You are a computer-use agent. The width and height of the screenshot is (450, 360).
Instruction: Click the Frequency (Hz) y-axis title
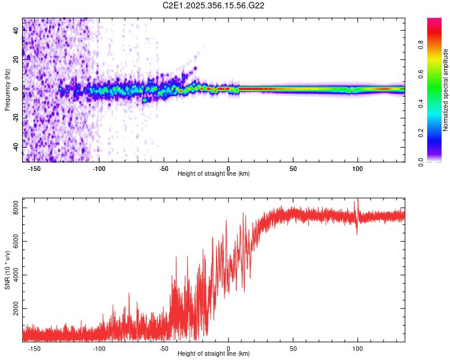click(7, 90)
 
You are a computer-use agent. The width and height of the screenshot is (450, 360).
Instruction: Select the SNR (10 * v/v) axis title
click(7, 270)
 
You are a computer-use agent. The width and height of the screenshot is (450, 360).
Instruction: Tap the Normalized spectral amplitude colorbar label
click(445, 90)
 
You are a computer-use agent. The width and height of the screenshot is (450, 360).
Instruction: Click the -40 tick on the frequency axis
click(15, 146)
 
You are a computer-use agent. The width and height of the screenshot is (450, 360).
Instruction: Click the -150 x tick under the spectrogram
click(34, 167)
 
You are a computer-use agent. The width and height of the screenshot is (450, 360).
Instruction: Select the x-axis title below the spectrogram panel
click(214, 174)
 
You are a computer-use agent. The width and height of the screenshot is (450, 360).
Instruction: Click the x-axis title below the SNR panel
click(214, 354)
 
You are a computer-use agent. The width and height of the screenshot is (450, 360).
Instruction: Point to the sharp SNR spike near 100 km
click(358, 203)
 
